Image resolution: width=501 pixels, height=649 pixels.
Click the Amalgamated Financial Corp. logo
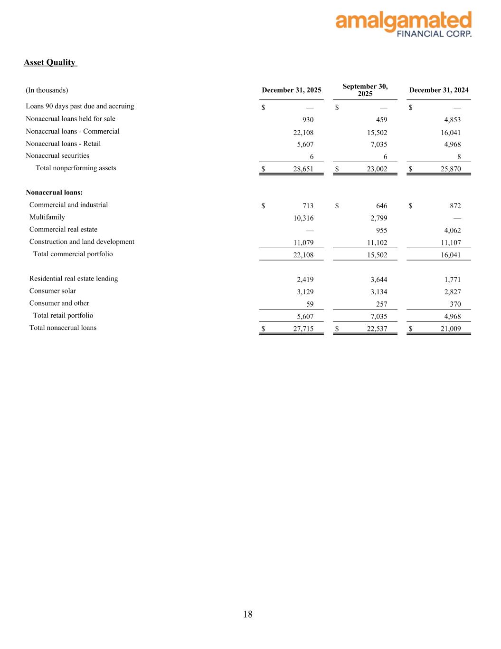[403, 24]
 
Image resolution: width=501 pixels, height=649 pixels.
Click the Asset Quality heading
[50, 62]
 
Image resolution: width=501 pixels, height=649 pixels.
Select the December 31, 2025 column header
[291, 90]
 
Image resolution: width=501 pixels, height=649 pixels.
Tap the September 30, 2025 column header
[365, 90]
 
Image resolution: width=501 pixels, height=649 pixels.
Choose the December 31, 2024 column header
[438, 90]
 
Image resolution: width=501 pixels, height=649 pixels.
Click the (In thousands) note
[47, 90]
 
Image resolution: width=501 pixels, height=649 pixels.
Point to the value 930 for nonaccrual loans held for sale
[308, 120]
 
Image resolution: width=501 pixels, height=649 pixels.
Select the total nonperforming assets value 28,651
[303, 169]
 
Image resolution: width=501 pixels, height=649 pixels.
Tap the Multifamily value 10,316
[303, 218]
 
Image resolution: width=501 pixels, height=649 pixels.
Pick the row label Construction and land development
[82, 242]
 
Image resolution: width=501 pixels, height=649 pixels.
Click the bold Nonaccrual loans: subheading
[54, 193]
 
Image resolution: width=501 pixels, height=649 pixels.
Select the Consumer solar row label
[53, 291]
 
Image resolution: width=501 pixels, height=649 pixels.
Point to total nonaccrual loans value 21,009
[451, 329]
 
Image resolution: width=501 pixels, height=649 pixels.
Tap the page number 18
[248, 614]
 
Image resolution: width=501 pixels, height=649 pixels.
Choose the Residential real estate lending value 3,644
[378, 280]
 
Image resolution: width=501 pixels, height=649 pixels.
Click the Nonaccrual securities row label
[57, 156]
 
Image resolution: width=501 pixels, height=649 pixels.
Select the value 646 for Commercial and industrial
[381, 206]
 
